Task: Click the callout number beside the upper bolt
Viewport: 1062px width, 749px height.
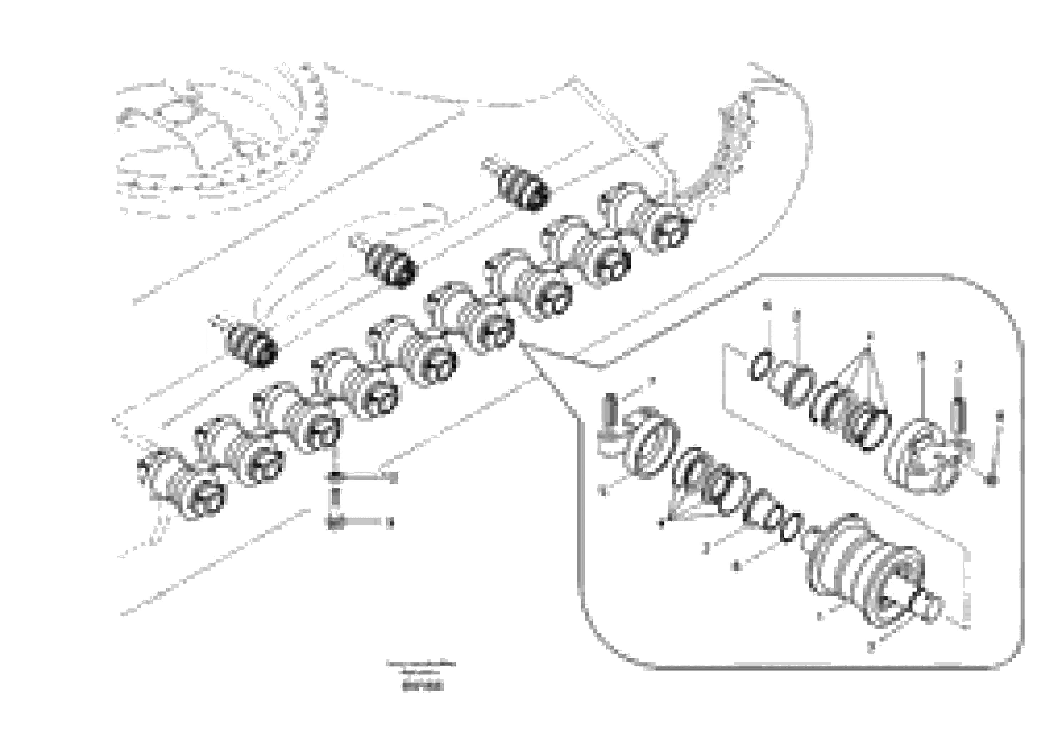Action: coord(393,478)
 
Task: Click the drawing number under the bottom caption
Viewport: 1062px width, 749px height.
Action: coord(422,688)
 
